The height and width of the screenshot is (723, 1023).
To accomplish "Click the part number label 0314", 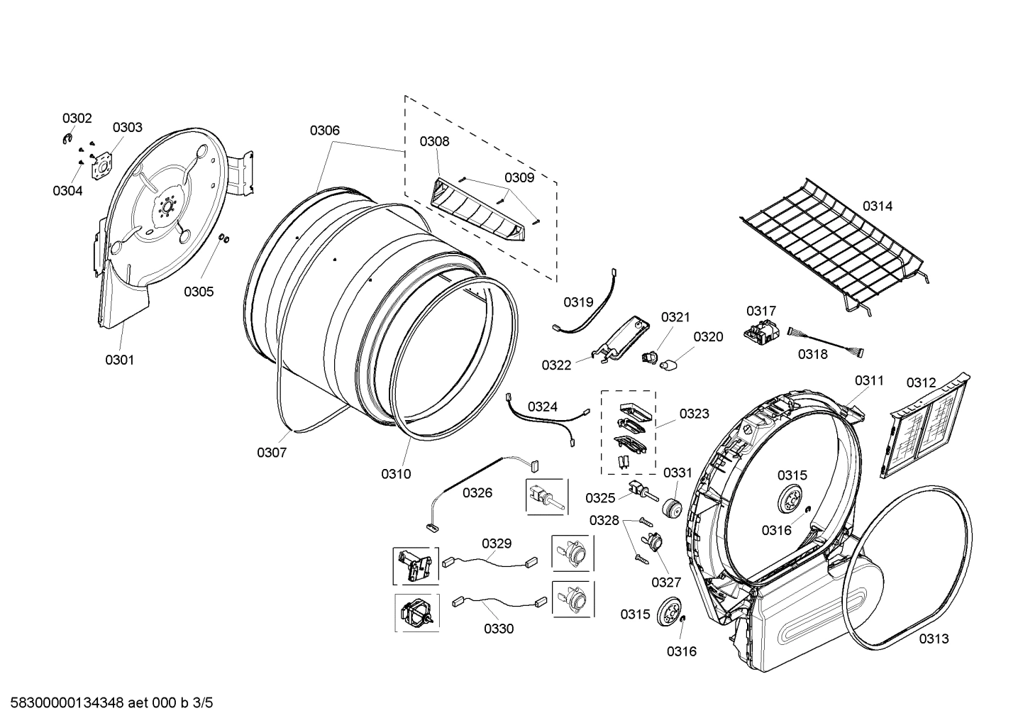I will click(x=877, y=206).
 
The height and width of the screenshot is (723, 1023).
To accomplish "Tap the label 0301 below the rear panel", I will click(x=119, y=360).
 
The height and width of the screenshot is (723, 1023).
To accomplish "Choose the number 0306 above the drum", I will click(x=324, y=131).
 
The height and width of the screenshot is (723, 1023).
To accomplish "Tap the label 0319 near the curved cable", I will click(x=578, y=302).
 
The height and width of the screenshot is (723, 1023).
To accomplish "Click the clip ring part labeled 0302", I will click(x=67, y=138).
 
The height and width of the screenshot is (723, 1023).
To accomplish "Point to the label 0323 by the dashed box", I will click(x=694, y=414).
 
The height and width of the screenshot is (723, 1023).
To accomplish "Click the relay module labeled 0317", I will click(x=758, y=333).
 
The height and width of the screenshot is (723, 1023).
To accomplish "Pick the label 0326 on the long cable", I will click(x=477, y=492).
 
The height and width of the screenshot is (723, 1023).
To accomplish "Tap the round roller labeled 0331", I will click(x=670, y=509).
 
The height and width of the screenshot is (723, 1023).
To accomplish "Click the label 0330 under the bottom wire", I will click(x=499, y=629).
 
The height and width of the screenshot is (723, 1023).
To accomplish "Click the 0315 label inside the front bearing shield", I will click(x=792, y=475).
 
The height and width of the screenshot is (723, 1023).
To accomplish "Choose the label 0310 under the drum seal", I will click(x=396, y=474).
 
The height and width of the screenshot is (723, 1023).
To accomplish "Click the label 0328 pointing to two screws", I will click(x=604, y=520).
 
